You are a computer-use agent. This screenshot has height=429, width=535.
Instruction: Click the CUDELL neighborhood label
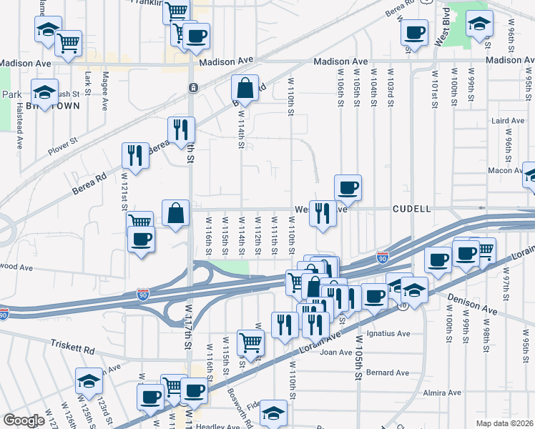[x=411, y=209]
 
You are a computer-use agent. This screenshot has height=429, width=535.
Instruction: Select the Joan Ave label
[x=337, y=352]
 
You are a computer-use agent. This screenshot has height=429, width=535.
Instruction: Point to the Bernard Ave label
[x=387, y=373]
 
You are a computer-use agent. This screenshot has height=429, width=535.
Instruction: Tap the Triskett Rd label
[x=72, y=347]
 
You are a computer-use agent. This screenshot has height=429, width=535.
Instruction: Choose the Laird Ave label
[x=509, y=122]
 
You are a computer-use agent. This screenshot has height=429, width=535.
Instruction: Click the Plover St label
[x=62, y=151]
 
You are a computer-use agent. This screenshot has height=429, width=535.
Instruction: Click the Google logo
[x=24, y=420]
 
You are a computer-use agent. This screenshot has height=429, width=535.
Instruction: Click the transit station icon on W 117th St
[x=193, y=88]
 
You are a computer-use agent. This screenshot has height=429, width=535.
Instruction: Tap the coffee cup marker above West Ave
[x=348, y=188]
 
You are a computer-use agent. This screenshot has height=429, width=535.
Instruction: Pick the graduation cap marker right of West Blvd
[x=479, y=23]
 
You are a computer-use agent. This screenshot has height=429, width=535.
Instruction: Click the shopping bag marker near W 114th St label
[x=245, y=89]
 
